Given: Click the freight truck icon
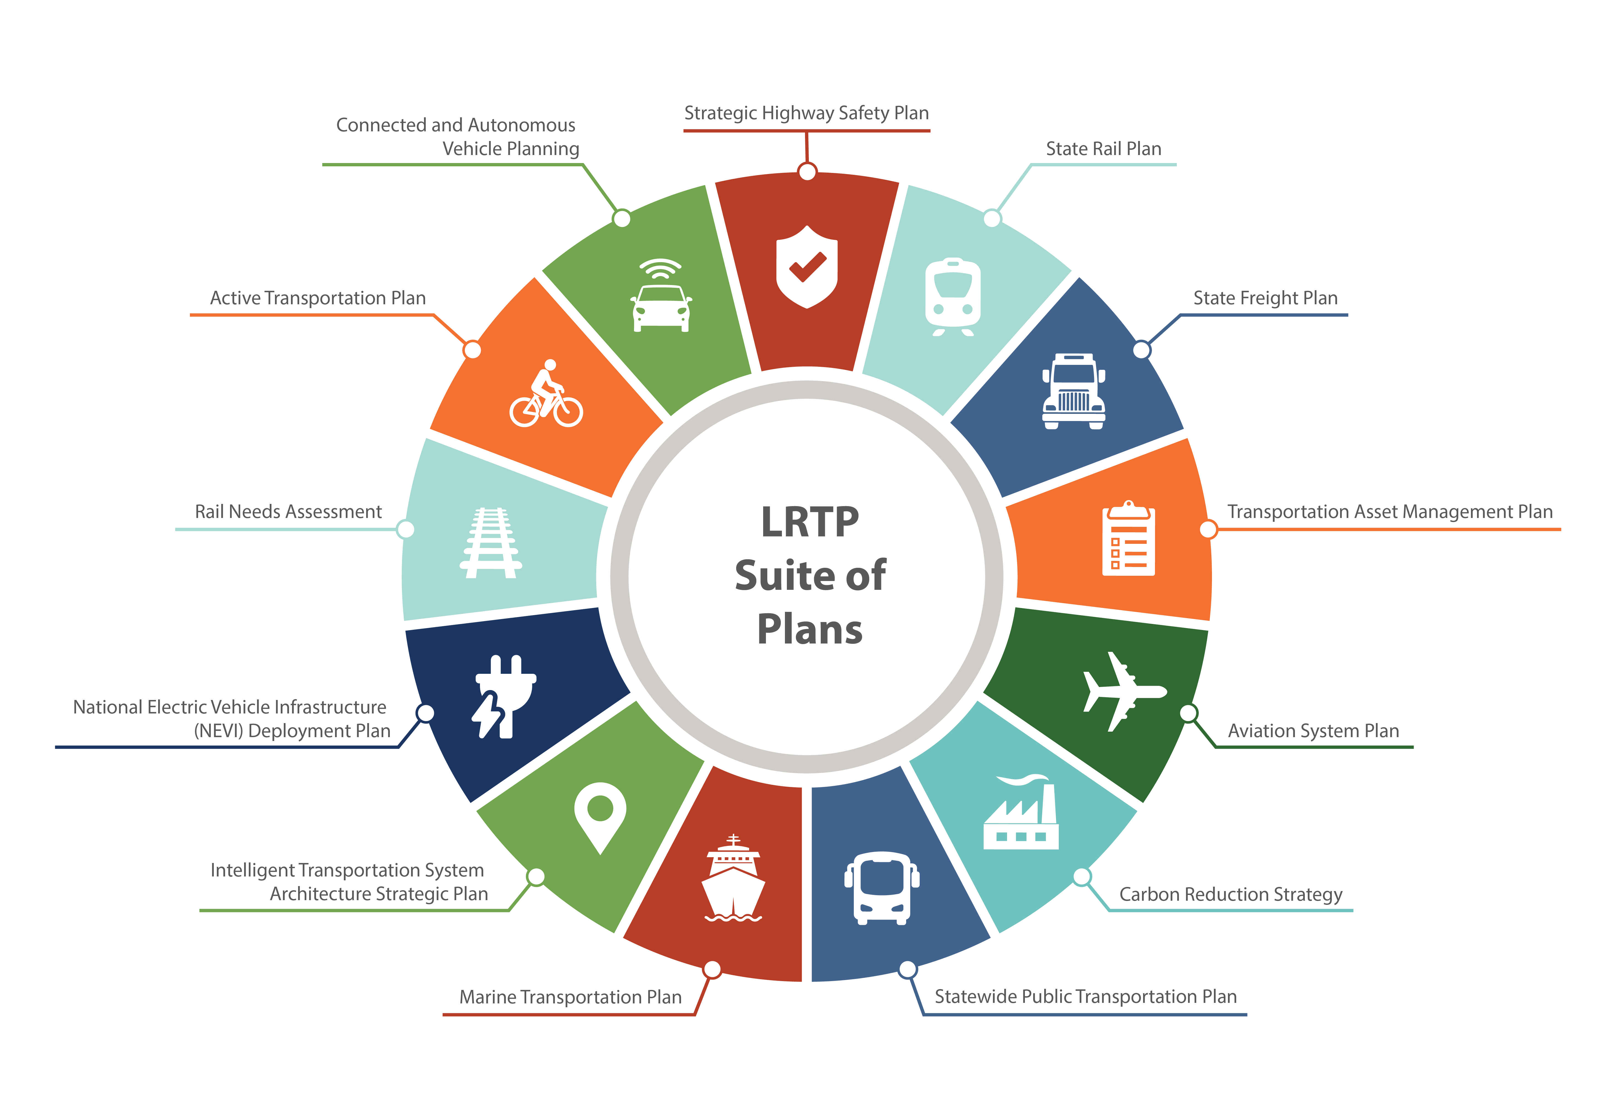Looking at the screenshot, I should click(x=1073, y=392).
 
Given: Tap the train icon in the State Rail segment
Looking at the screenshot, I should click(x=953, y=296).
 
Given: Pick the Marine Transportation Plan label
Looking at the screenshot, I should click(x=570, y=997).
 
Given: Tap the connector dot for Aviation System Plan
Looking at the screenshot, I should click(x=1189, y=713).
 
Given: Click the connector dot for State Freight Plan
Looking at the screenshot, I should click(x=1141, y=350).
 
